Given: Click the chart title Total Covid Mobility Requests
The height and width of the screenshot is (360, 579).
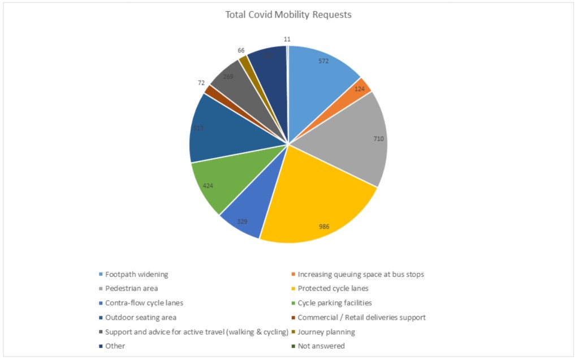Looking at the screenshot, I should pos(288,15).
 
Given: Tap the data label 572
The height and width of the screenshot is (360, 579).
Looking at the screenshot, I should pos(323,61).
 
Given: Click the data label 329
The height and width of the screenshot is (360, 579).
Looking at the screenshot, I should pos(242,221).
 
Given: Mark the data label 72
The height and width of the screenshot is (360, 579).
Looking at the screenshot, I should pos(201,83).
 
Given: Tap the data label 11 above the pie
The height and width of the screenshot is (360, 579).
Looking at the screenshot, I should pos(287,40).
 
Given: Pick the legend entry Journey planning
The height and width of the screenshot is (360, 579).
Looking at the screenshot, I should pos(326,332).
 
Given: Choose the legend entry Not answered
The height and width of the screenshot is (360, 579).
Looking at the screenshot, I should pos(321,346).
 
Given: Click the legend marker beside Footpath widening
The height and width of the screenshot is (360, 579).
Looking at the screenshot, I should pos(101,275).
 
